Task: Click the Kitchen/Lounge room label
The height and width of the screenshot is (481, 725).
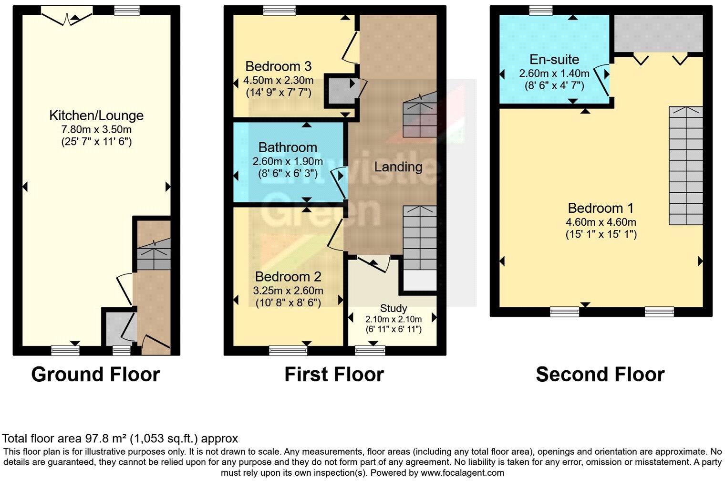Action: tap(96, 115)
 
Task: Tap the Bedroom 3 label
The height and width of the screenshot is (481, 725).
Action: tap(279, 66)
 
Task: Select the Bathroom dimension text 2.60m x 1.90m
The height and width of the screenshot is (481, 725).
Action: tap(288, 161)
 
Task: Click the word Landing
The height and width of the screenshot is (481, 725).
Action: tap(398, 167)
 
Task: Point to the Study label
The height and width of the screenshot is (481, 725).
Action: tap(394, 308)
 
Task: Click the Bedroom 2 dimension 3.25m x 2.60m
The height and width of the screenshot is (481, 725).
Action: tap(288, 290)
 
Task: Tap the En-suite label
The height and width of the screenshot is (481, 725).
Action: tap(554, 60)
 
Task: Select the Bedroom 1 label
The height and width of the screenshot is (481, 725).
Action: tap(601, 208)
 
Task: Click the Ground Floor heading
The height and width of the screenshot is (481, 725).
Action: tap(95, 375)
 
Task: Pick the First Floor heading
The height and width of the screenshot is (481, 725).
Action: tap(334, 375)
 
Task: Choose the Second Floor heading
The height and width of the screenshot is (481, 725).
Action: tap(600, 375)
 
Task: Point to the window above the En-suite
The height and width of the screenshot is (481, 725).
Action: tap(541, 10)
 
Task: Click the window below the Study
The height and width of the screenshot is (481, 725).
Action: tap(370, 351)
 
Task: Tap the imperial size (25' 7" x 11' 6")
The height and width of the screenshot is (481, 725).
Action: tap(96, 141)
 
